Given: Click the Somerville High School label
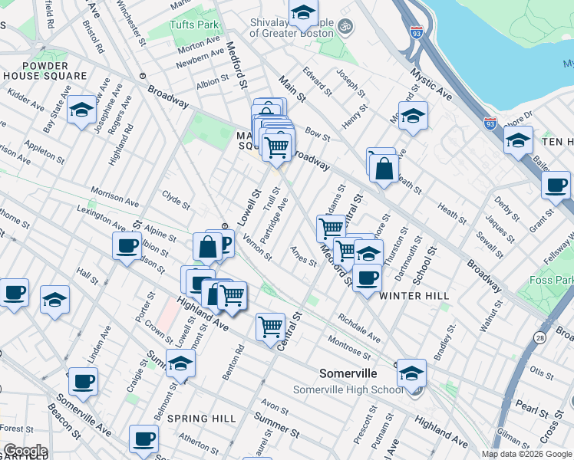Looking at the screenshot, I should pyautogui.click(x=348, y=389).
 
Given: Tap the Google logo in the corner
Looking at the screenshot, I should pyautogui.click(x=25, y=451).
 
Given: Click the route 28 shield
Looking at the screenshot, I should pyautogui.click(x=539, y=337).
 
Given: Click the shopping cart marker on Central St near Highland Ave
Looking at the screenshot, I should pyautogui.click(x=270, y=327).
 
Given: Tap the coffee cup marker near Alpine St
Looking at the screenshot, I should pyautogui.click(x=127, y=245).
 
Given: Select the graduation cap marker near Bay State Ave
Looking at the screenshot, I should pyautogui.click(x=81, y=110).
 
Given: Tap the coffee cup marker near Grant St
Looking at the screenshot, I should pyautogui.click(x=556, y=184).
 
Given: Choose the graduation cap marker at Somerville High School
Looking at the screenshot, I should pyautogui.click(x=411, y=373).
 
